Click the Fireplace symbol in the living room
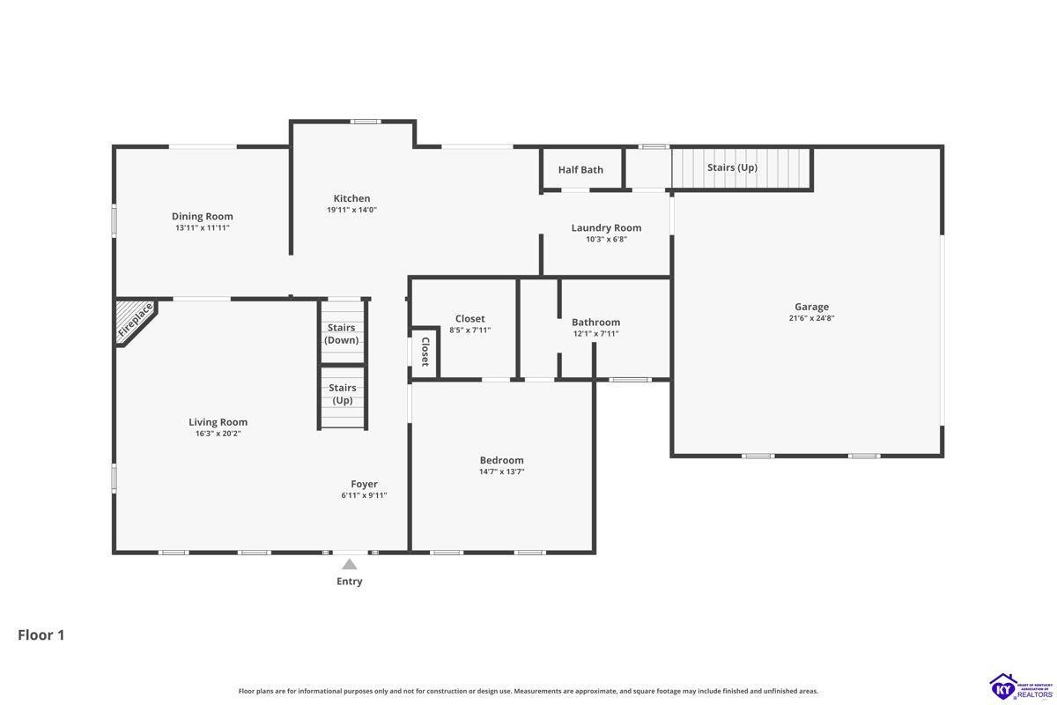136,322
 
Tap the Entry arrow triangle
349,564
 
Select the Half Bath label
580,169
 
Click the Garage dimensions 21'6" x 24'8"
811,318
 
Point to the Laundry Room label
606,227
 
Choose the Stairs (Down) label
341,333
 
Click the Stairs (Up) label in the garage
732,167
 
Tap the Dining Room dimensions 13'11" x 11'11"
203,227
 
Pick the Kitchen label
351,198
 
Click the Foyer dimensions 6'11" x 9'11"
364,495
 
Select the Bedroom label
501,460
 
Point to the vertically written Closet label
425,352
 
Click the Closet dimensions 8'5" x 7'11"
470,330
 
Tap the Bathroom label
596,322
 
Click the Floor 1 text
41,635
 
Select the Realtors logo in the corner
1021,687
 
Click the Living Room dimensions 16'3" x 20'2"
218,434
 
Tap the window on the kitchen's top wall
366,122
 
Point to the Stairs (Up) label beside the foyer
342,394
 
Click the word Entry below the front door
349,582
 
